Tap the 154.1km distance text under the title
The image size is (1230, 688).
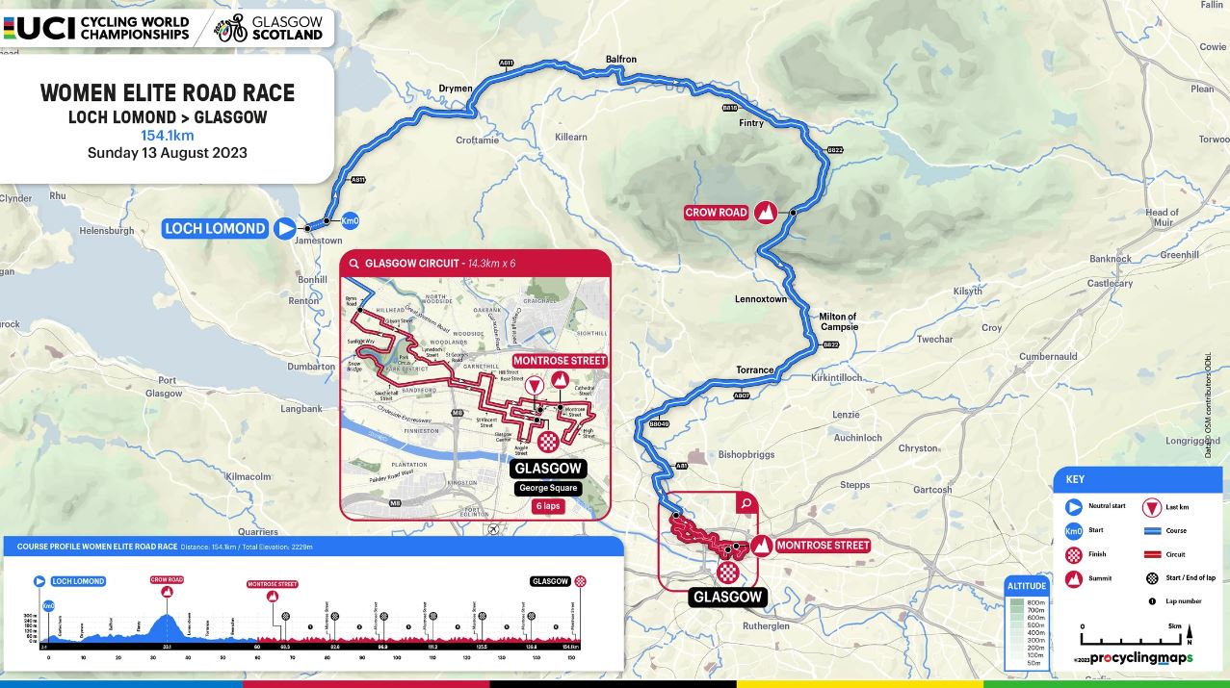(168, 136)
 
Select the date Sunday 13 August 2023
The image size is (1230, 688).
(168, 153)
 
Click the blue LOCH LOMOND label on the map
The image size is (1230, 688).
(215, 229)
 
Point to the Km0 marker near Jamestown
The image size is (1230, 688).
(351, 218)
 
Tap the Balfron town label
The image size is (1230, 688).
(620, 60)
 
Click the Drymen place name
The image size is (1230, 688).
(456, 89)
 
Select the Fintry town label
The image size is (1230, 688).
(750, 123)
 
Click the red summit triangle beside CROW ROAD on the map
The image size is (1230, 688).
(767, 213)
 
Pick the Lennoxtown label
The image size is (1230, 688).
(761, 299)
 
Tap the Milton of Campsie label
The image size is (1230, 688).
(837, 321)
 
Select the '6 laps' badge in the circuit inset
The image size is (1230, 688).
(548, 506)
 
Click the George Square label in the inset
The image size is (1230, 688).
(548, 488)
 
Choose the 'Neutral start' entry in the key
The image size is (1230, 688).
(1104, 507)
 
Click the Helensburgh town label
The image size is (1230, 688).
(106, 231)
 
